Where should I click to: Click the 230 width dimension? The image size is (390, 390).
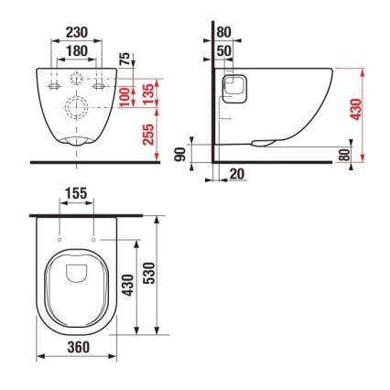[x=77, y=31]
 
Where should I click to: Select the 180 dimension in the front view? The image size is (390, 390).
[x=77, y=50]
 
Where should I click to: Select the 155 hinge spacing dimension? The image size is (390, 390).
[x=77, y=195]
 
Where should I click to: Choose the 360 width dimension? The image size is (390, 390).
[x=76, y=348]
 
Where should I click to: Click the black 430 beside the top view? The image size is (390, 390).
[x=129, y=286]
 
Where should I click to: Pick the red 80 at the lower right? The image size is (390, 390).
[x=345, y=155]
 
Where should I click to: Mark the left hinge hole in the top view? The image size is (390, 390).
[x=60, y=240]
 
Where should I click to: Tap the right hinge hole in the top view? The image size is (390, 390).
[x=94, y=240]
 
